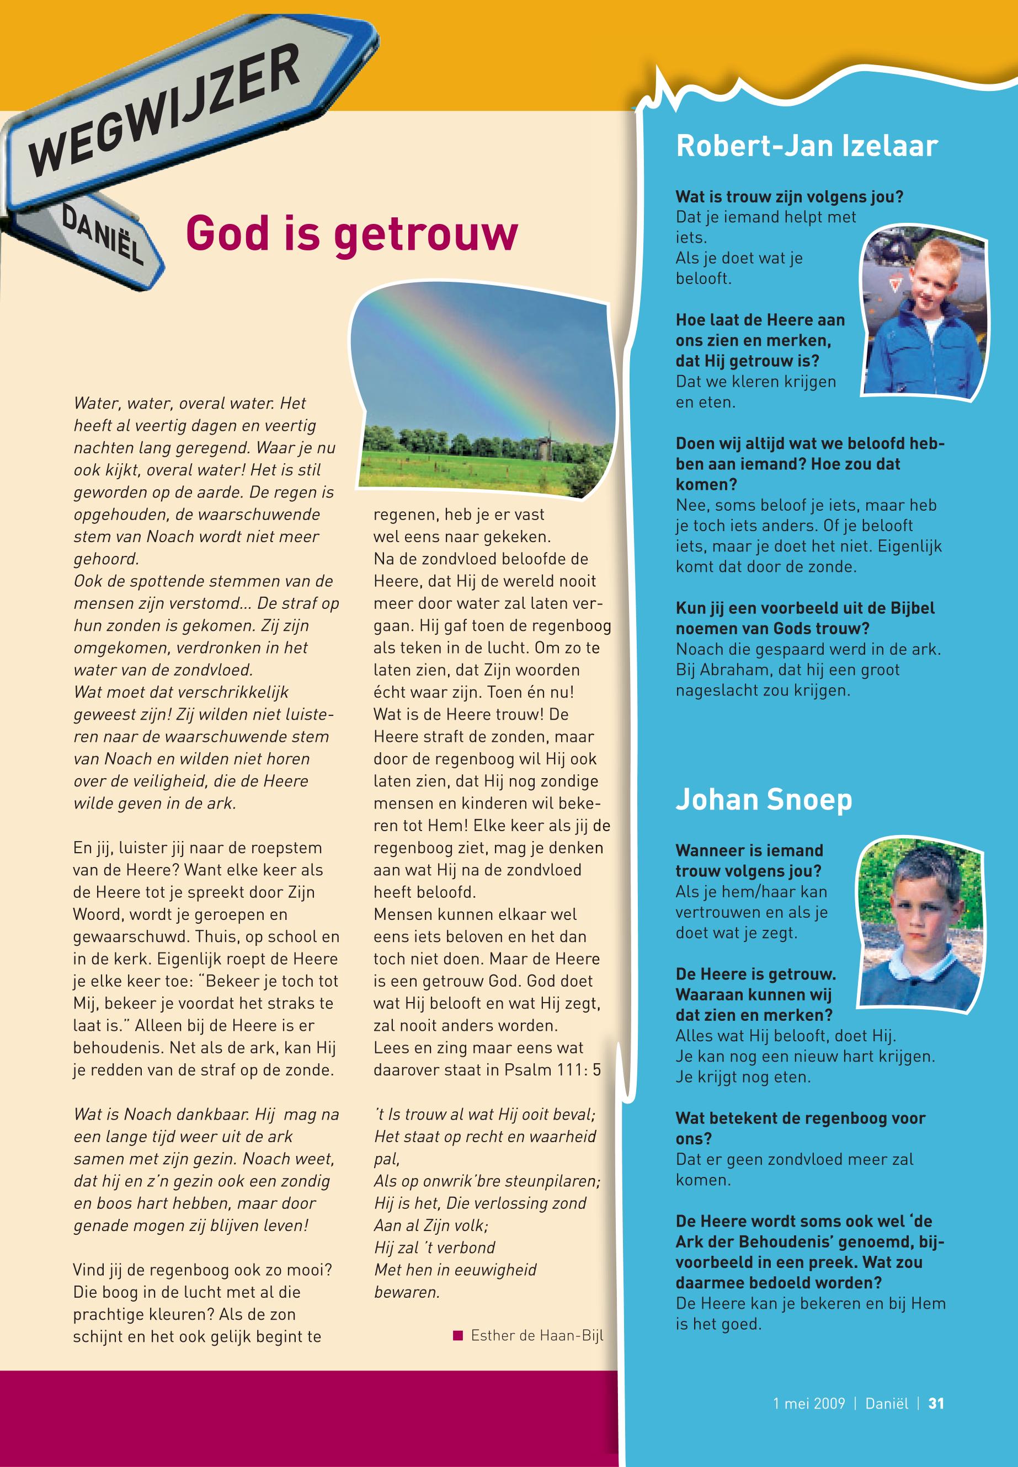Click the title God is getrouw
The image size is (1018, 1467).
351,234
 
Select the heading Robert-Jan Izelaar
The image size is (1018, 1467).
806,146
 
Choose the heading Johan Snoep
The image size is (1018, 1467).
764,800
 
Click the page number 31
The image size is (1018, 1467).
936,1403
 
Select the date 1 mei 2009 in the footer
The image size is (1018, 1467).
808,1403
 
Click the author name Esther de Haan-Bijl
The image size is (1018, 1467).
536,1336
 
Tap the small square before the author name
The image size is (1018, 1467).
457,1336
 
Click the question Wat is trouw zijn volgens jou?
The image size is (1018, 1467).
789,196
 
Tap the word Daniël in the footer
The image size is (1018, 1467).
886,1403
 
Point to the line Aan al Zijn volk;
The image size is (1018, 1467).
430,1225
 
